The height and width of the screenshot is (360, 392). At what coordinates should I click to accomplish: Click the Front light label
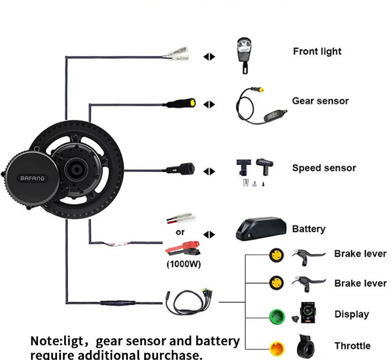pyautogui.click(x=317, y=51)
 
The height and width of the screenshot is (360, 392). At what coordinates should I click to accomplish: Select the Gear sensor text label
pyautogui.click(x=320, y=101)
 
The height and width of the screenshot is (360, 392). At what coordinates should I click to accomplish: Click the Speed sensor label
pyautogui.click(x=324, y=168)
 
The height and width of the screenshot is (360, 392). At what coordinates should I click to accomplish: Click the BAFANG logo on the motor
pyautogui.click(x=32, y=178)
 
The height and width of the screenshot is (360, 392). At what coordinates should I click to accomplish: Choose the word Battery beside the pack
pyautogui.click(x=308, y=229)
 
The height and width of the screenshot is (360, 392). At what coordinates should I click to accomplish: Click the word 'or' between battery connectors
pyautogui.click(x=180, y=233)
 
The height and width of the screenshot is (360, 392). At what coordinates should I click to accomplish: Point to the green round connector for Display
pyautogui.click(x=276, y=315)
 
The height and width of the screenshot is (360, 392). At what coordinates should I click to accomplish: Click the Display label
pyautogui.click(x=351, y=314)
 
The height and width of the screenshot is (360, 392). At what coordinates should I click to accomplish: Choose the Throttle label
pyautogui.click(x=352, y=346)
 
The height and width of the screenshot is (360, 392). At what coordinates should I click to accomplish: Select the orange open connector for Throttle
pyautogui.click(x=276, y=348)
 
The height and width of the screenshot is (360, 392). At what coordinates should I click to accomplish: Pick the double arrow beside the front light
pyautogui.click(x=209, y=57)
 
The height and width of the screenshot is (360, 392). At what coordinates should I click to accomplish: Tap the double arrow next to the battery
pyautogui.click(x=209, y=235)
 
